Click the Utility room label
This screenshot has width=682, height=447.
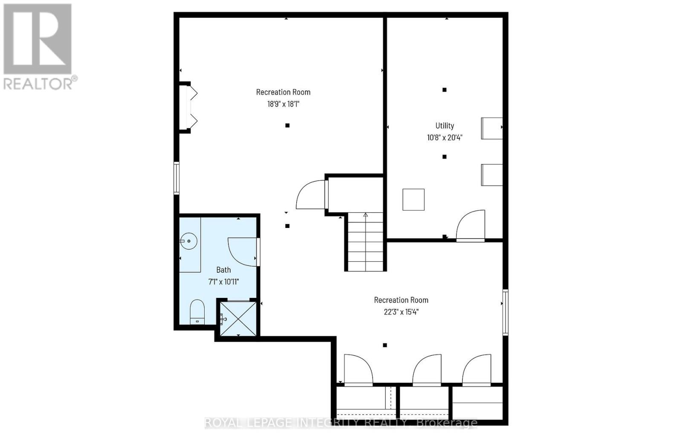click(x=445, y=126)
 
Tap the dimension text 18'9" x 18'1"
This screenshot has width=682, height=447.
click(x=283, y=104)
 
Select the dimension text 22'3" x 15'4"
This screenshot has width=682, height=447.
click(x=401, y=311)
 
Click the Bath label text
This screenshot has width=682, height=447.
click(x=223, y=270)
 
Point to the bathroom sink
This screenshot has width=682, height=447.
click(x=188, y=242)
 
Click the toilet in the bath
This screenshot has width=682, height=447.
click(x=197, y=312)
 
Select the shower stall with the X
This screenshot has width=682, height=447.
click(x=238, y=319)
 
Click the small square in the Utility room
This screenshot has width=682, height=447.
click(x=413, y=199)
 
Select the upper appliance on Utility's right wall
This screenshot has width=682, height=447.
click(x=491, y=128)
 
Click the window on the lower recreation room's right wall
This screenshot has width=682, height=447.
click(x=505, y=312)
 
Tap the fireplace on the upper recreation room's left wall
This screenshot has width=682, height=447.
click(x=188, y=107)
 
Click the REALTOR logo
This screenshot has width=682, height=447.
click(x=38, y=47)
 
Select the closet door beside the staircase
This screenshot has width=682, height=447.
click(x=312, y=195)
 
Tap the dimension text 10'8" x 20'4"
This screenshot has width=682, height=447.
click(x=445, y=137)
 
